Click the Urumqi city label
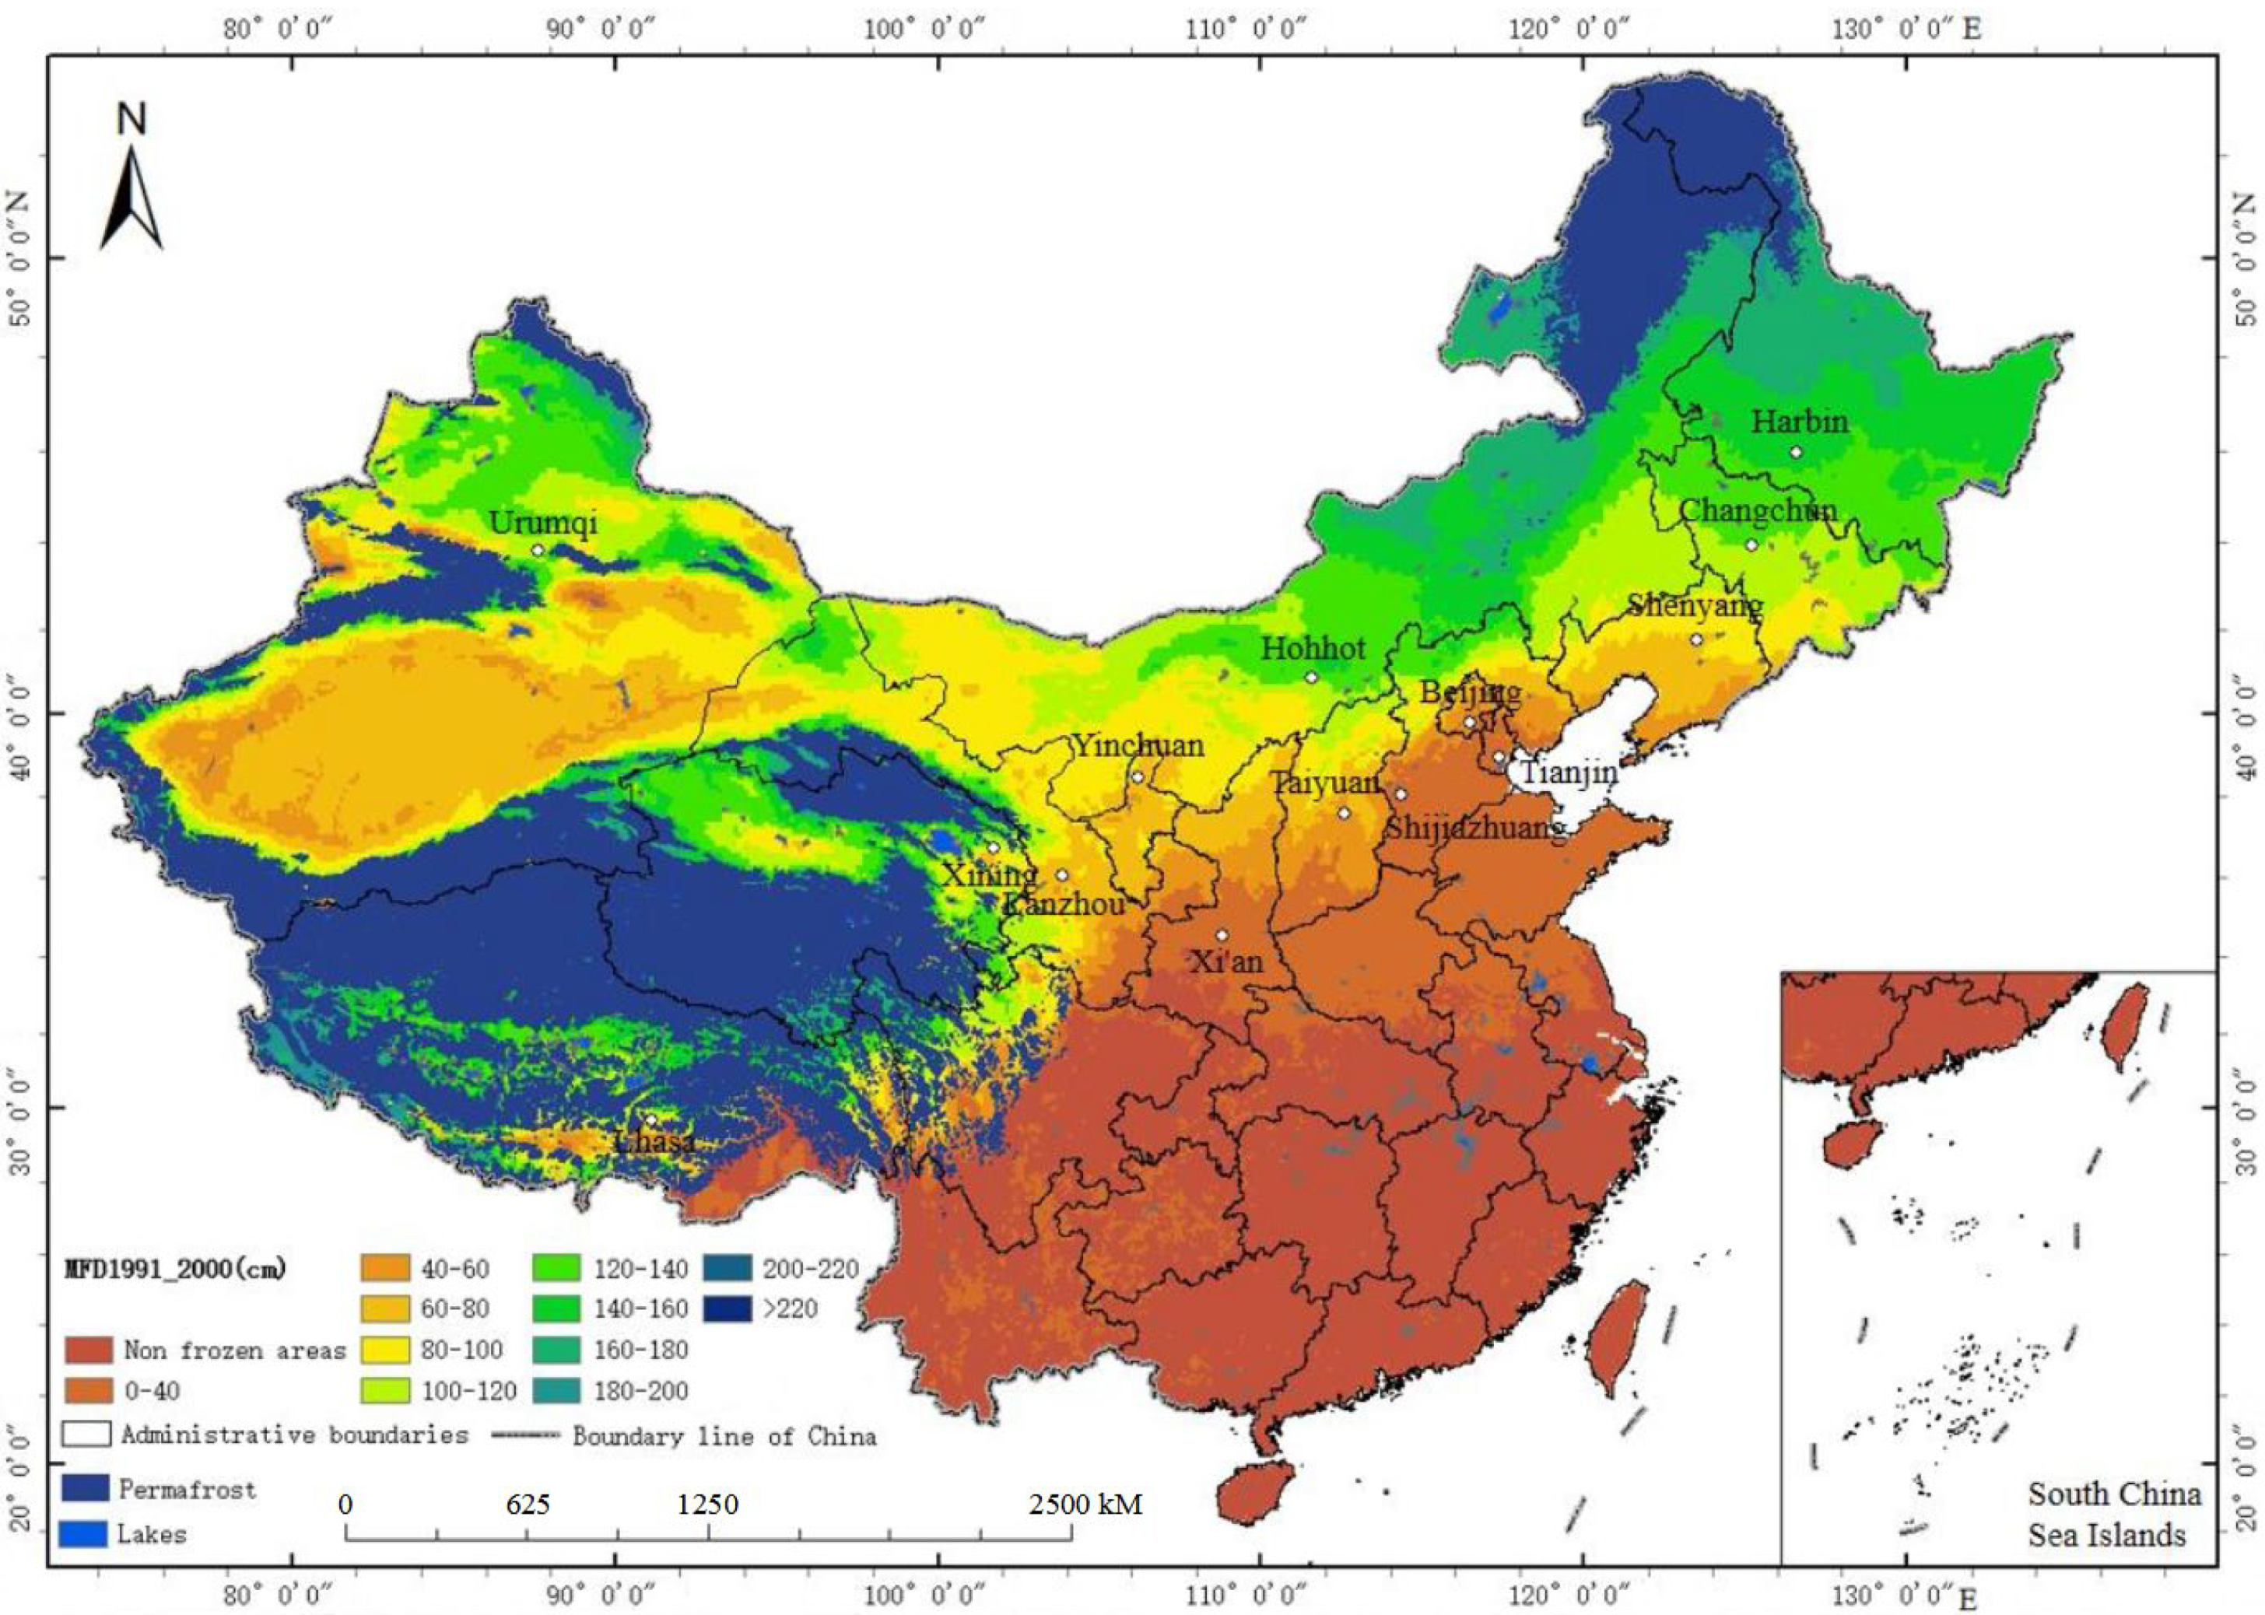coord(542,522)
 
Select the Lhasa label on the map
coord(654,1142)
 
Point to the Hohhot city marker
coord(1311,678)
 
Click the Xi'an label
coord(1226,962)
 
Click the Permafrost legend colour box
coord(85,1487)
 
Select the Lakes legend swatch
coord(85,1533)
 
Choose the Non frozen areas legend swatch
coord(89,1350)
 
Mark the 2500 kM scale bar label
coord(1085,1504)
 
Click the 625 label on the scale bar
coord(528,1504)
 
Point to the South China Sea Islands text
coord(2112,1514)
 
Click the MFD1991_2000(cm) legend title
coord(175,1269)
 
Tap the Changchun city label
coord(1757,510)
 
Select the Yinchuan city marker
coord(1137,776)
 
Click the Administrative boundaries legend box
coord(86,1433)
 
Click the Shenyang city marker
coord(1696,639)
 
